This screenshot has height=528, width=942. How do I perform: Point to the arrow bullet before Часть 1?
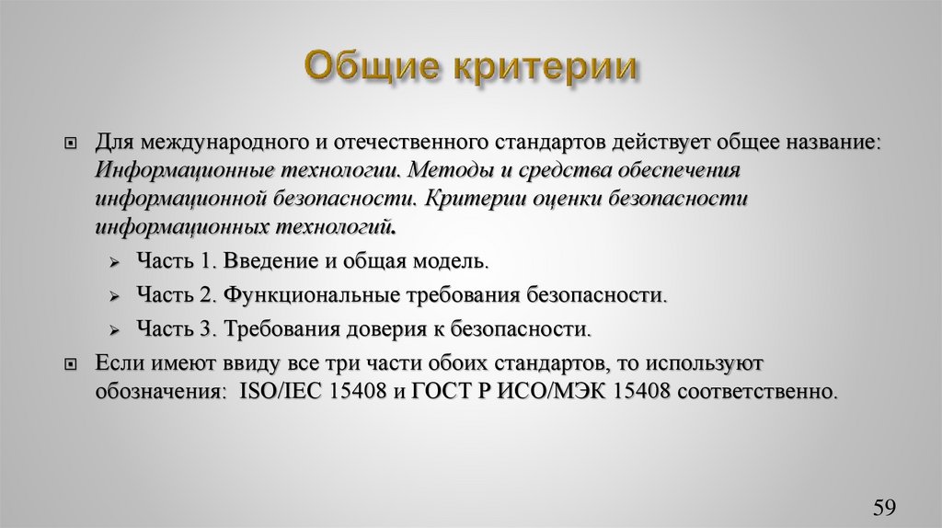(114, 262)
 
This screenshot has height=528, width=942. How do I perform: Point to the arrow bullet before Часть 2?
(114, 296)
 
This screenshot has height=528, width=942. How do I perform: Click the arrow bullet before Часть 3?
(114, 330)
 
